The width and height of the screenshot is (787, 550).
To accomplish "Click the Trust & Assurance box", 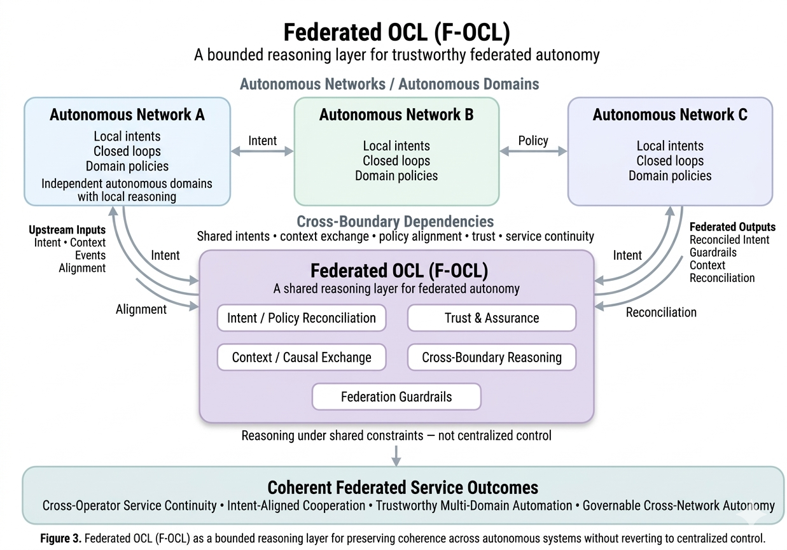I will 491,318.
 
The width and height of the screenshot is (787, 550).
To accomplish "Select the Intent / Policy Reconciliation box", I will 301,318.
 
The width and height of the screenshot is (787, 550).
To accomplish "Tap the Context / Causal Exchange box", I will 301,357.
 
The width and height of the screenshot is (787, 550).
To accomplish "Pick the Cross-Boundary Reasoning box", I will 491,357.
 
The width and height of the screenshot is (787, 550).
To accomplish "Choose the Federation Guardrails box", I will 396,397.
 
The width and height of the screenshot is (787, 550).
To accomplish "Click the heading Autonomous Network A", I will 127,115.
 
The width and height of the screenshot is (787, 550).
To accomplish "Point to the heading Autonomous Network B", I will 396,115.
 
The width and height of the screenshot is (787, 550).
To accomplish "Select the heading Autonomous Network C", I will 669,115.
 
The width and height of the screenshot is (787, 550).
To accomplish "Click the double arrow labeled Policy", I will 533,152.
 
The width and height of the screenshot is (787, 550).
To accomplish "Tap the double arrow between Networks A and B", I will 262,152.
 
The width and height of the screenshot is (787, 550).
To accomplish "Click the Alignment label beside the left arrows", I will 141,309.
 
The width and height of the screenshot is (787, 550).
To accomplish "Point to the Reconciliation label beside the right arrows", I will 661,313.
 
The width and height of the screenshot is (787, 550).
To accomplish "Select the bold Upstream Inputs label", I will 67,230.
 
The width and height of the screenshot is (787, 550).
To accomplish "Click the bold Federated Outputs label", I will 732,227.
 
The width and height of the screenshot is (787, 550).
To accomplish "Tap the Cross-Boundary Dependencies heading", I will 395,222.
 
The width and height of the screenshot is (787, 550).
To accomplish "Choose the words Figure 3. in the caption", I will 60,538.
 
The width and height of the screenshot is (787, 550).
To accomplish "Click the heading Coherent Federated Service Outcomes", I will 402,488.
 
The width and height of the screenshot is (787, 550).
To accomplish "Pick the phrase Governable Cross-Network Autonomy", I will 678,506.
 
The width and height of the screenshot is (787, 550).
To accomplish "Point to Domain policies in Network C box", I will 669,176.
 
